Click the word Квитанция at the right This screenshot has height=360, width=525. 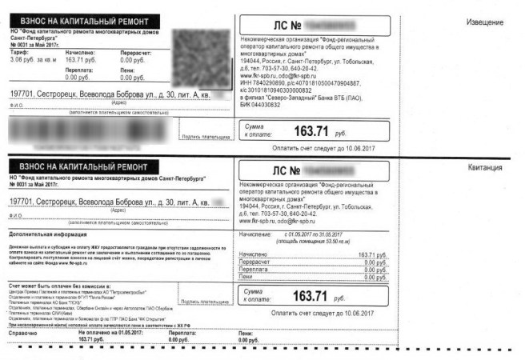(485, 168)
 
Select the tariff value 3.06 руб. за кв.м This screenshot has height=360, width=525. (30, 59)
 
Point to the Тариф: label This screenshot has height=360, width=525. (19, 52)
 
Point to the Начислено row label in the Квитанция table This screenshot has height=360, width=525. (258, 253)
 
